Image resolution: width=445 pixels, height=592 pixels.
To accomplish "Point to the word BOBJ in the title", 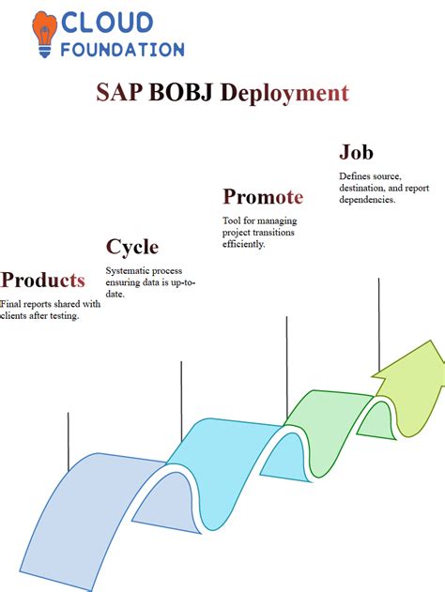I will point(182,93).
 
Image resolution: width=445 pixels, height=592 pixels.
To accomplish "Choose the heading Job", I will point(356,153).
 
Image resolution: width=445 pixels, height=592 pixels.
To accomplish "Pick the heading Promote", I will point(262,197).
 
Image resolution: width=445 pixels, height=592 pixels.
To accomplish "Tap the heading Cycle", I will point(131,247).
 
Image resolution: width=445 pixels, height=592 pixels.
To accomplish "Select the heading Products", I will point(43,280).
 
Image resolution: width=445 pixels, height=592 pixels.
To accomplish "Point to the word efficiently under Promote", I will point(244,244).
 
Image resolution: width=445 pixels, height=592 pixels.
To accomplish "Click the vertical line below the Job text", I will point(378,324).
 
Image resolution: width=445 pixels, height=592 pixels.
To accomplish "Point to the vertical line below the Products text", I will point(69,441).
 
